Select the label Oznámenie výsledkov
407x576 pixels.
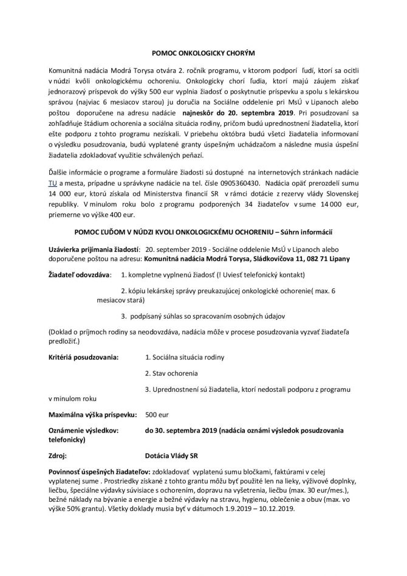pyautogui.click(x=83, y=430)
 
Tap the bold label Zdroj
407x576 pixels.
pyautogui.click(x=57, y=454)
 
